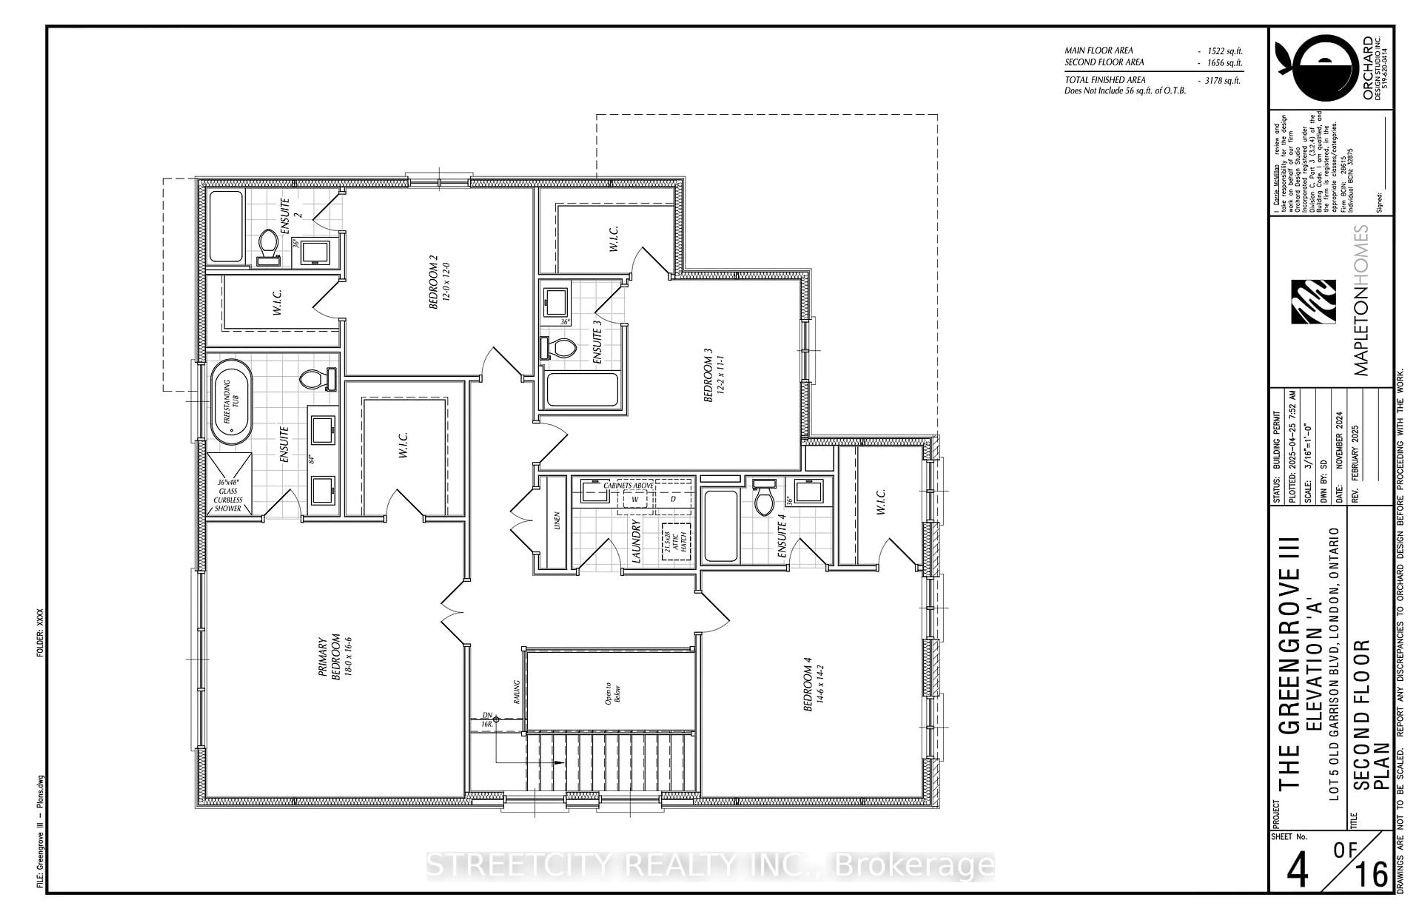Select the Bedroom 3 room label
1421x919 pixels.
(x=713, y=375)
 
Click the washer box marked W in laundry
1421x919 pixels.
(x=634, y=499)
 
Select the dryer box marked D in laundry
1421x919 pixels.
(x=673, y=499)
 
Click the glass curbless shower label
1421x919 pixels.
(x=228, y=495)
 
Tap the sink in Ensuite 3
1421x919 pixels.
(x=555, y=302)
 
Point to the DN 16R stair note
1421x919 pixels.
(x=487, y=719)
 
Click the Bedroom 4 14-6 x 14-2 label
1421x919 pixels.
(x=813, y=684)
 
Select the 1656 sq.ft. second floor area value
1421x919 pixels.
(x=1224, y=63)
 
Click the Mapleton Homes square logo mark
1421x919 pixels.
(x=1313, y=302)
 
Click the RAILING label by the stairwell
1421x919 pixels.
(x=517, y=691)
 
